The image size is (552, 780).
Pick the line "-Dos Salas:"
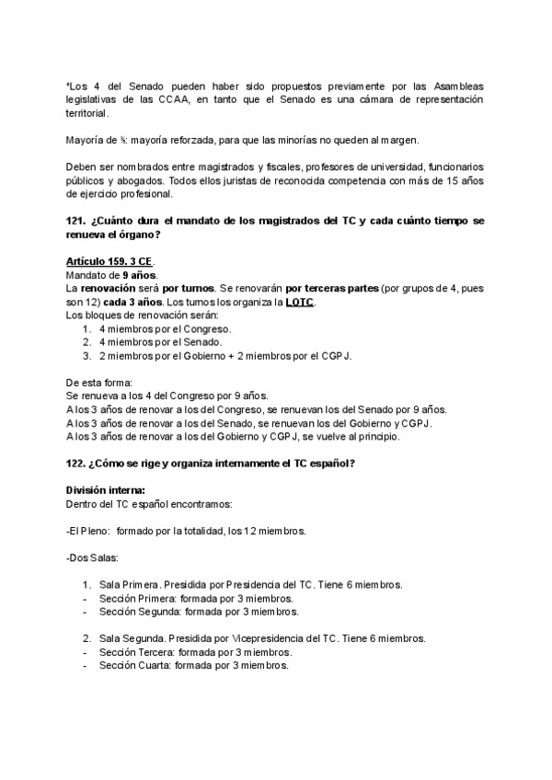coord(96,557)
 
